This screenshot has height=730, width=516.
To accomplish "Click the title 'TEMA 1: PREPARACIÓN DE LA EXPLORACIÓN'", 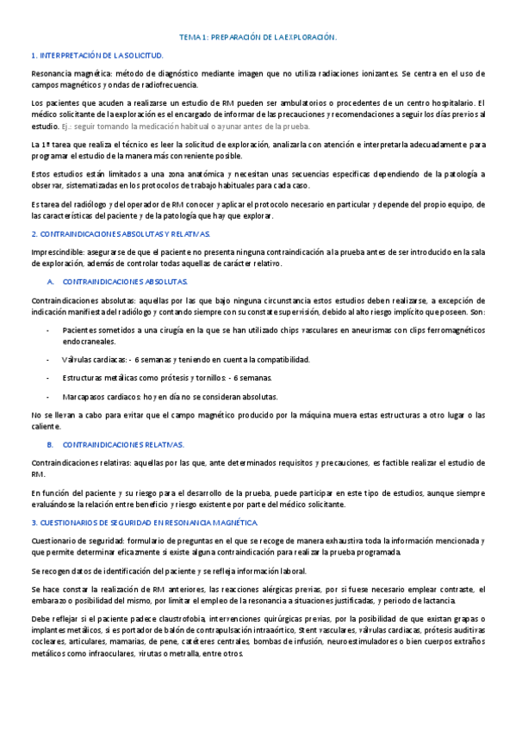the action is (x=258, y=38).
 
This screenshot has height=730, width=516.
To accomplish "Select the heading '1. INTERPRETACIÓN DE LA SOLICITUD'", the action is (x=97, y=55).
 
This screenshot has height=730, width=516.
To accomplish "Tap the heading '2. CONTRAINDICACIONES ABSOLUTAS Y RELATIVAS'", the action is (x=121, y=233).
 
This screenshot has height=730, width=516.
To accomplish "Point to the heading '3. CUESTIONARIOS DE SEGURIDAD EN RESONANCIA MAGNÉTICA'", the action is (x=144, y=523).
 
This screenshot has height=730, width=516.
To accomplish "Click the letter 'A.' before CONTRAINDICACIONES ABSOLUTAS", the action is (x=51, y=281).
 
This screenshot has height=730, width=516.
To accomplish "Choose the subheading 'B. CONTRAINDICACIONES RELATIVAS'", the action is (x=115, y=444).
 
